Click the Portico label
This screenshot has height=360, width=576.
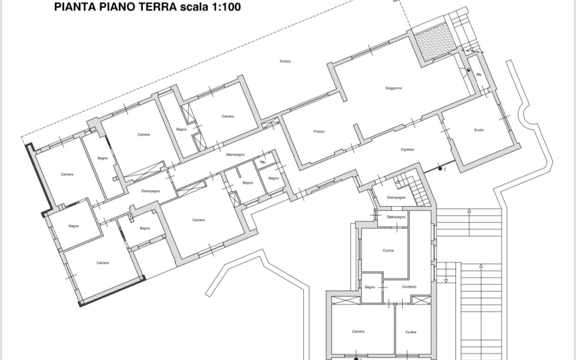[x=285, y=61]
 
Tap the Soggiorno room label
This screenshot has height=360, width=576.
[x=393, y=88]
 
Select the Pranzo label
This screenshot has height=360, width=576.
[x=319, y=131]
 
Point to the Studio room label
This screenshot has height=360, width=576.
[x=479, y=130]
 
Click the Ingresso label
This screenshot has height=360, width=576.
[x=407, y=149]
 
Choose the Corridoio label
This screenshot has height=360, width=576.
[x=409, y=287]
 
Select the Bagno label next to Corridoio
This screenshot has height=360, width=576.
[x=370, y=287]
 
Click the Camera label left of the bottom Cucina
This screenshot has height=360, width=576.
[x=358, y=331]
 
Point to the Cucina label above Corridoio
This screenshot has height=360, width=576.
[x=388, y=250]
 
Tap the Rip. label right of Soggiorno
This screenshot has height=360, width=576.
[x=479, y=75]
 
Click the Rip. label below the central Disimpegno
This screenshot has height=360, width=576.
[x=263, y=162]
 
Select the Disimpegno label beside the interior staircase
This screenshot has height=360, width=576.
[x=396, y=198]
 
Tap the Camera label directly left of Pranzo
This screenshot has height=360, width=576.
[x=228, y=116]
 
